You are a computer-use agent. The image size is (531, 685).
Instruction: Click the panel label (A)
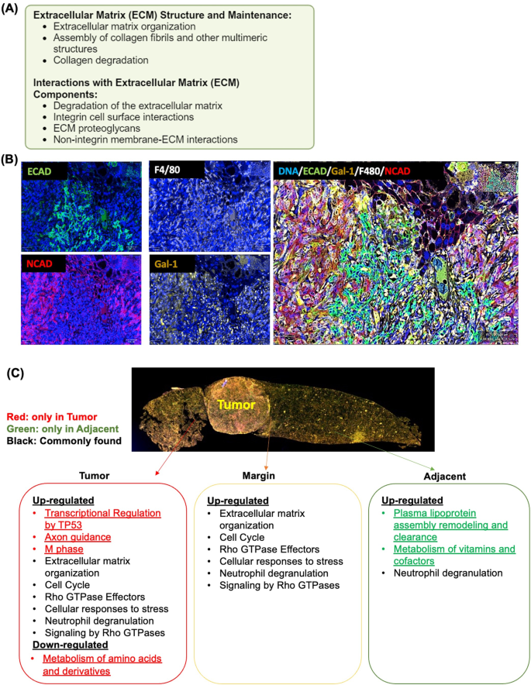click(15, 9)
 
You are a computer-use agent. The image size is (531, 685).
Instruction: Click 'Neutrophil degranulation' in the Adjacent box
click(436, 573)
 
